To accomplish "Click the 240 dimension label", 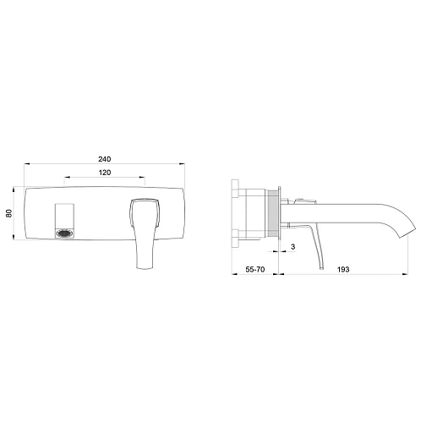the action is [x=105, y=159].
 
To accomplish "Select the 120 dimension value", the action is [x=105, y=173].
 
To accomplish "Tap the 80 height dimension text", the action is [x=9, y=213].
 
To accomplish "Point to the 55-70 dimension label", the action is [x=255, y=269].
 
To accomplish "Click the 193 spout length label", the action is [x=343, y=269].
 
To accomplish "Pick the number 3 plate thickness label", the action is [x=293, y=247].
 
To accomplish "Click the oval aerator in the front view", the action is [x=64, y=233].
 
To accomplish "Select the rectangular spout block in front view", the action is [x=64, y=221].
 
